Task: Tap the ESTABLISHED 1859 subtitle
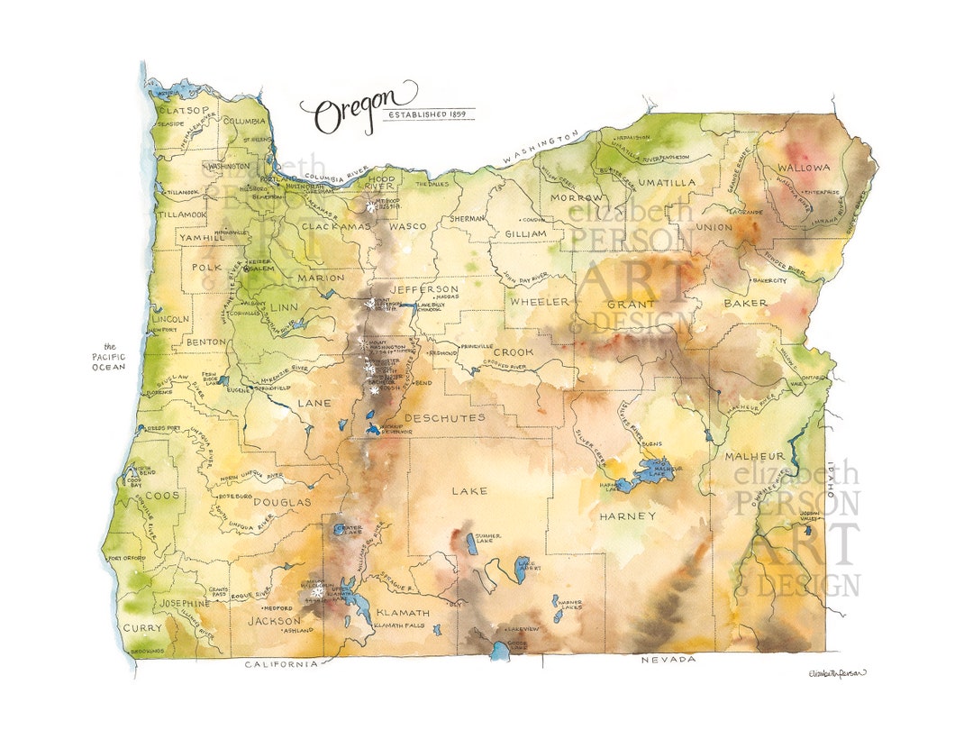pyautogui.click(x=428, y=114)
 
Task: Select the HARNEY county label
pyautogui.click(x=627, y=516)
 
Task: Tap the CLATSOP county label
pyautogui.click(x=183, y=111)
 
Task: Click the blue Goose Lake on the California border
pyautogui.click(x=500, y=651)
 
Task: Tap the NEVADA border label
pyautogui.click(x=668, y=661)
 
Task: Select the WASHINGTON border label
pyautogui.click(x=541, y=147)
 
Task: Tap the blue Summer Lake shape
pyautogui.click(x=472, y=543)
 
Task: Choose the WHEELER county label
pyautogui.click(x=541, y=301)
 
